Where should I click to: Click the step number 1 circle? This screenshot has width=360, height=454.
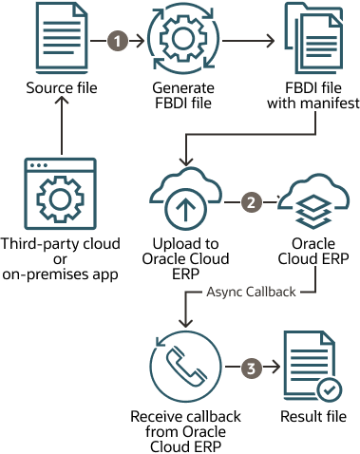pos(117,42)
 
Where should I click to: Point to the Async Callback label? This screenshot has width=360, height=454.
pos(251,289)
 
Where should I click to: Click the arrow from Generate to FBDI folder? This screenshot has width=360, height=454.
pos(247,42)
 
